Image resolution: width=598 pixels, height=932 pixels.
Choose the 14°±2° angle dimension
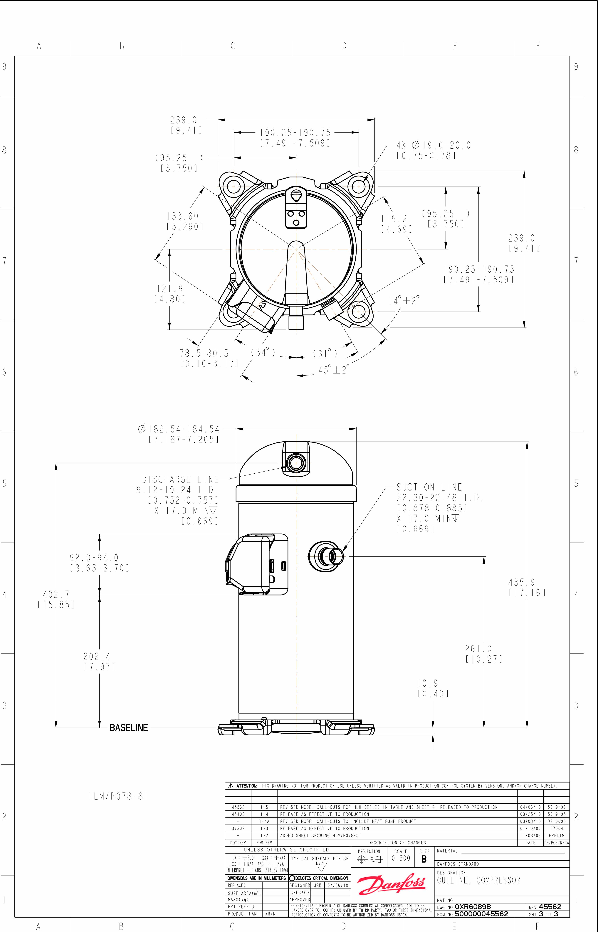click(x=404, y=300)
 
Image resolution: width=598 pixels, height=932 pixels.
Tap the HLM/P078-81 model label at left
click(x=118, y=796)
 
